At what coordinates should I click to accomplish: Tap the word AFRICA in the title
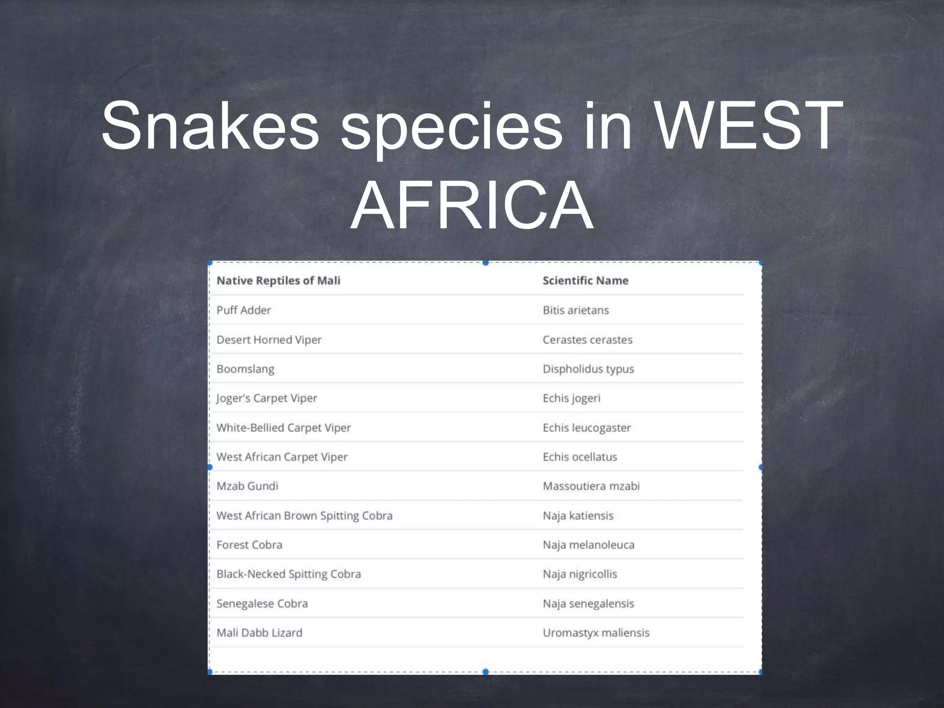472,206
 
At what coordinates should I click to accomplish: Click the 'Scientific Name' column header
585,281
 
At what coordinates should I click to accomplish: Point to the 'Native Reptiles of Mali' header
278,281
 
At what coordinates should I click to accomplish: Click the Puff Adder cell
244,310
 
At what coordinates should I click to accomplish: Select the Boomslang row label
246,369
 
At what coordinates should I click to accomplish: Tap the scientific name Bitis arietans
576,310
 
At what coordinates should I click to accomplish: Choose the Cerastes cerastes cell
588,340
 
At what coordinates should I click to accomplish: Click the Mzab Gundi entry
248,486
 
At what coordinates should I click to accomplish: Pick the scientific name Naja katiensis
578,516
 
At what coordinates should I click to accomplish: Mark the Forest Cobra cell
249,545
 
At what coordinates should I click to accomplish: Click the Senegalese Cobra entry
262,603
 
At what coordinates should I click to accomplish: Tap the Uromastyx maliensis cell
596,633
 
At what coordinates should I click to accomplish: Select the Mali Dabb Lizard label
260,633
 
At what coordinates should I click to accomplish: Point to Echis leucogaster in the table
587,428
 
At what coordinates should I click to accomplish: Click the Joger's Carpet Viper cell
267,398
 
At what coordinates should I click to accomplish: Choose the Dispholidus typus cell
589,369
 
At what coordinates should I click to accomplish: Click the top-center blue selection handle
485,263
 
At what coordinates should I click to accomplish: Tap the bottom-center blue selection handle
485,672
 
